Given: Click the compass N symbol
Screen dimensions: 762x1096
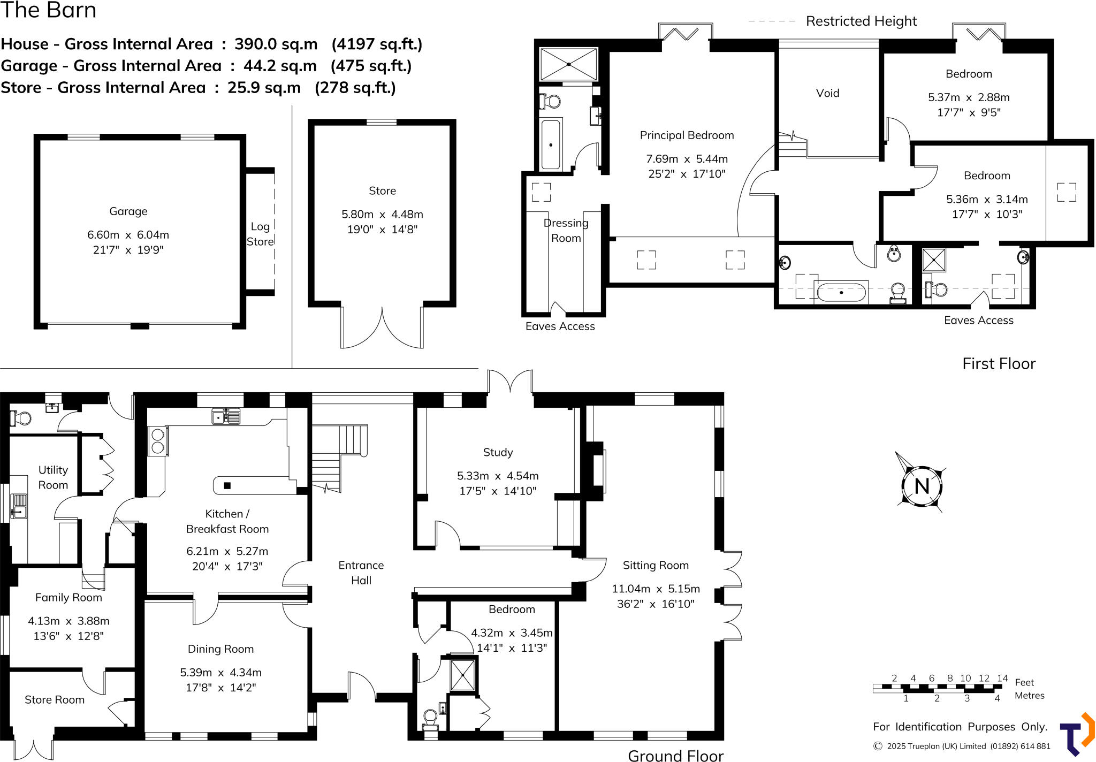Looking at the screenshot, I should [921, 486].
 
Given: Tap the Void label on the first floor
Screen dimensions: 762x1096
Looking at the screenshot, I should [827, 93].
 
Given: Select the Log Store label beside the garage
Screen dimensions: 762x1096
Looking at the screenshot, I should [260, 234].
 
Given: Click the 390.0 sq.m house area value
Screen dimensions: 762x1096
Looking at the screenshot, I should [276, 44].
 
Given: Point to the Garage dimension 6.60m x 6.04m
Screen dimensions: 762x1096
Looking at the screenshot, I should [128, 235].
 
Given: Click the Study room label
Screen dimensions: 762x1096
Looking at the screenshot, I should [498, 452].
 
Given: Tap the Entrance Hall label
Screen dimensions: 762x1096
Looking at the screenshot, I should [361, 573].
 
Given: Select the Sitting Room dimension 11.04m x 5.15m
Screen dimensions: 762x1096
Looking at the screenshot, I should [656, 589].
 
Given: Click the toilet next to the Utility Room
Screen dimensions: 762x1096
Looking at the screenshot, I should [21, 418].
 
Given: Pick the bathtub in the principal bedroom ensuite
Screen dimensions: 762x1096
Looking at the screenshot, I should [551, 144].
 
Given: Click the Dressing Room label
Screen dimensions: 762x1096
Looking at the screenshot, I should [566, 231].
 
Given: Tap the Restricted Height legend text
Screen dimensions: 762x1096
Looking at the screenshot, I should [861, 21].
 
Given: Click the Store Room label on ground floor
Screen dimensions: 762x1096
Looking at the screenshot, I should [55, 699].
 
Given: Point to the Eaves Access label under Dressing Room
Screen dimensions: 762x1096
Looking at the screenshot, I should [560, 326].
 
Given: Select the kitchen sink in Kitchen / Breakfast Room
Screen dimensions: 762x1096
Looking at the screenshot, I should [225, 416].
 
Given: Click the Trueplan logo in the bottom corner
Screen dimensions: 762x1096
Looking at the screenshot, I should [1076, 734].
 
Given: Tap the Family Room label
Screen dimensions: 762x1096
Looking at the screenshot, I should [68, 597].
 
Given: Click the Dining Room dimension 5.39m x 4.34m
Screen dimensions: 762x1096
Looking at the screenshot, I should [220, 672].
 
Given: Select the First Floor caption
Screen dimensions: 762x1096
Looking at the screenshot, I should [999, 364].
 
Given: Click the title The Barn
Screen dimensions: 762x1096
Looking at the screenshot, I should [48, 10].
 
